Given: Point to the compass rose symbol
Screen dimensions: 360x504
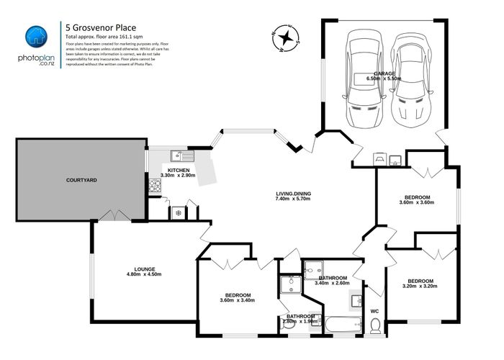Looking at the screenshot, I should click(287, 37).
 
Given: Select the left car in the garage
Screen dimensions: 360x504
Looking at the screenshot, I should click(364, 79).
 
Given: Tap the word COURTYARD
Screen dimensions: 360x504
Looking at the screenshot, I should click(81, 179).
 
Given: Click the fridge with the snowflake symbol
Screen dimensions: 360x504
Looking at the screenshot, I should click(177, 212).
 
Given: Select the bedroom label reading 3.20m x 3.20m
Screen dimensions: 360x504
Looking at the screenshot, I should click(420, 284).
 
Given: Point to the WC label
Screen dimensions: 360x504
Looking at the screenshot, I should click(374, 311).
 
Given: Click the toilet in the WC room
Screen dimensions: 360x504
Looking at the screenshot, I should click(374, 328).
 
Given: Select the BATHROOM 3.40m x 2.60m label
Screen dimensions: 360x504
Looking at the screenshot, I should click(333, 281).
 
